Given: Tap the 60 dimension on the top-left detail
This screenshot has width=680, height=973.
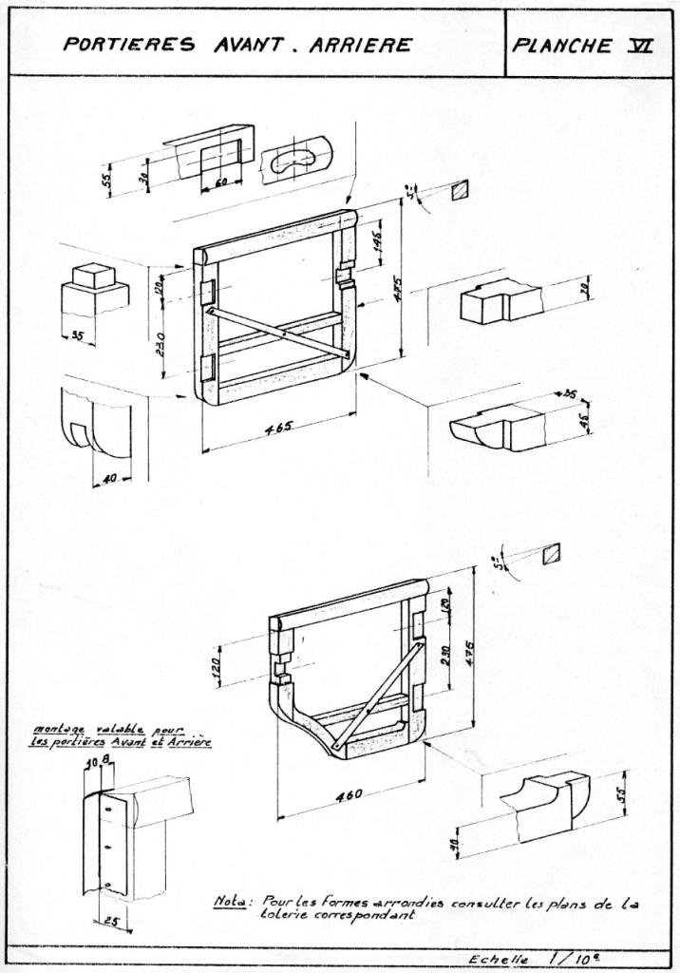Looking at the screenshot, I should pos(222,181).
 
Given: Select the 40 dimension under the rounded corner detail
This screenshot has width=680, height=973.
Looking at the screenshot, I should pos(110,477).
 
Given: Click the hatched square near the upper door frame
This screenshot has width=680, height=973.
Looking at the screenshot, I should pos(461,190).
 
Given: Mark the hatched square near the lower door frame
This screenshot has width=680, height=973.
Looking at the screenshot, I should pos(550,552).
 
